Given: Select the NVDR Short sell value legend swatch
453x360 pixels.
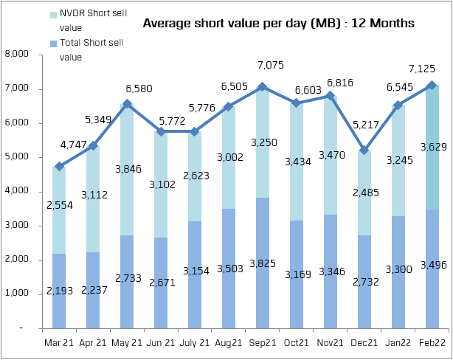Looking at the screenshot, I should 53,15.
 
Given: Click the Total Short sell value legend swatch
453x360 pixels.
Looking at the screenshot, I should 53,44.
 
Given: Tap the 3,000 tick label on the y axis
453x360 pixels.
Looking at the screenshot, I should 16,225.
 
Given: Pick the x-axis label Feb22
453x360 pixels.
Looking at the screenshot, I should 433,342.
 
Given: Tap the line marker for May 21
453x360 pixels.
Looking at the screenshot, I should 126,103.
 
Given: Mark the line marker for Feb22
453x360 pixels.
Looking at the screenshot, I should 432,85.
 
